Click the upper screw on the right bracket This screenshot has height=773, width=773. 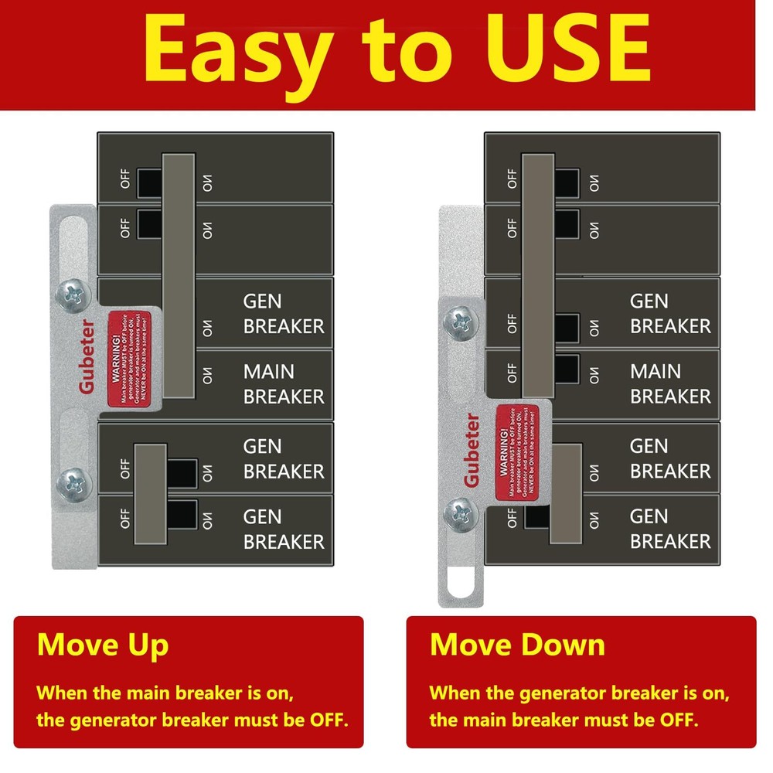(x=458, y=319)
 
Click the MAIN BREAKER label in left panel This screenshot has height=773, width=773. (x=283, y=383)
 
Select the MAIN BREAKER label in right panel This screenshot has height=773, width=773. (x=669, y=383)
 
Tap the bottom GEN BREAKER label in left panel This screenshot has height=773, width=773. (x=283, y=529)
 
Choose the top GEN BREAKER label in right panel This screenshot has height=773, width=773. (x=669, y=313)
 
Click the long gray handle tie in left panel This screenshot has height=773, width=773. (x=179, y=276)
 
